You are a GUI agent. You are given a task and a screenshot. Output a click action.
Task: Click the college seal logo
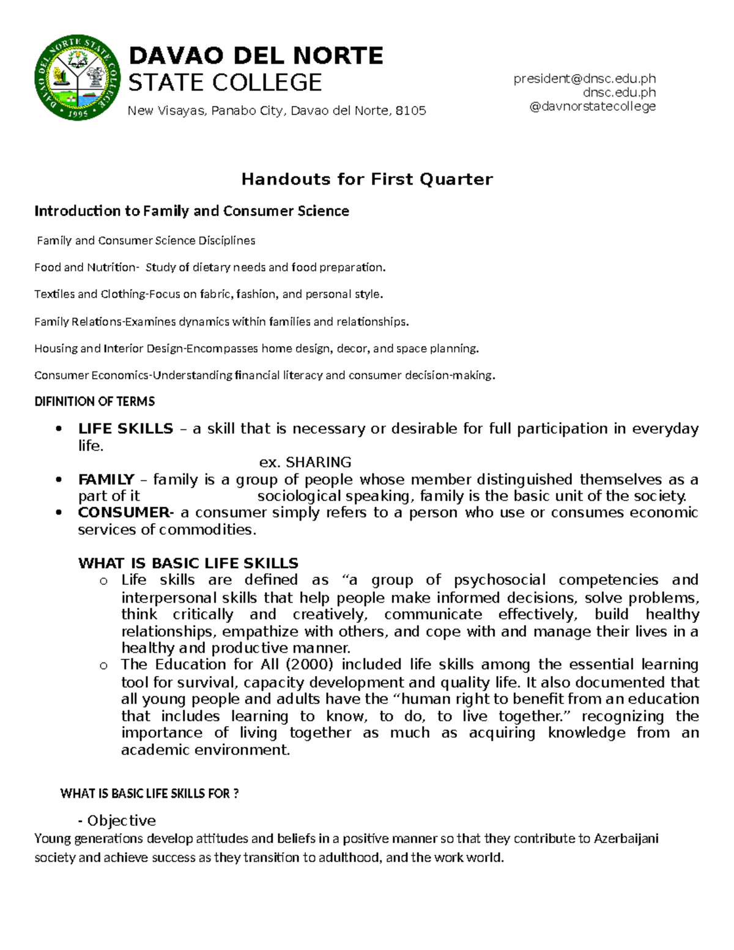(78, 78)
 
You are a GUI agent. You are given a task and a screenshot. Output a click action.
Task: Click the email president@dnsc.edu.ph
(584, 78)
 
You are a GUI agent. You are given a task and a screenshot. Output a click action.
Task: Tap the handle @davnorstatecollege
(592, 106)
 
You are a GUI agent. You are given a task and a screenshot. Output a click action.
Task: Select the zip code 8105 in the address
(410, 111)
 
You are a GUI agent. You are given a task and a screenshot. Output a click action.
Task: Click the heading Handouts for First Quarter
(366, 179)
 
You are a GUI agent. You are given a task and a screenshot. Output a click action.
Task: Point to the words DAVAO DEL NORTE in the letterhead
(255, 56)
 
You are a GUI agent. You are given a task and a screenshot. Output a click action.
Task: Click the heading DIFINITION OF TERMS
(94, 402)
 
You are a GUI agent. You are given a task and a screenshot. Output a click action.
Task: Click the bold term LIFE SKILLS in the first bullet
(125, 429)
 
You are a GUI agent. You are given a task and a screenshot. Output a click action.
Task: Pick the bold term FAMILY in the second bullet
(106, 480)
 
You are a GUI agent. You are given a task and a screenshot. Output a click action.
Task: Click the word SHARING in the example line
(319, 462)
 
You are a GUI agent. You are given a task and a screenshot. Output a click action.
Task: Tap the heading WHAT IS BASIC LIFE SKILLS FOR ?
(149, 794)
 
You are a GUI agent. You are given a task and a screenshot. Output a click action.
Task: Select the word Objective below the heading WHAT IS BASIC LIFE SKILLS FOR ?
(121, 820)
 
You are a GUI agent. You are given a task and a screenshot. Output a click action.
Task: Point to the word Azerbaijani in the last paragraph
(626, 839)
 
